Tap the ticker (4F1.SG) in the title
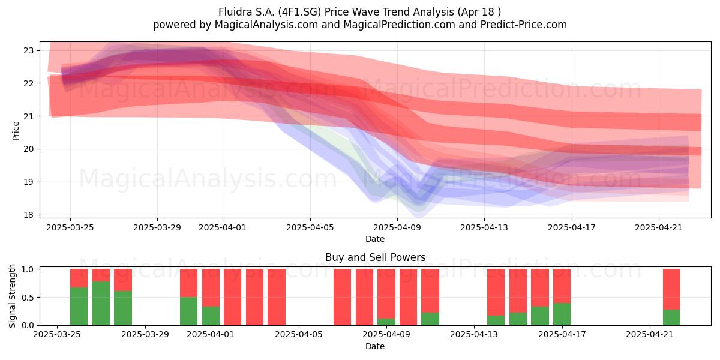click(x=300, y=12)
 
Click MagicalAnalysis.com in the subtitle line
click(x=266, y=25)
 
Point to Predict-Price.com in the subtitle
click(x=524, y=25)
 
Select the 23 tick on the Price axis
click(x=28, y=50)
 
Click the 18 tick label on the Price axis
click(x=28, y=215)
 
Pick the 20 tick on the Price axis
click(x=28, y=149)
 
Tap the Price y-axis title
click(x=16, y=131)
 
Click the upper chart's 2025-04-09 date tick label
click(x=397, y=227)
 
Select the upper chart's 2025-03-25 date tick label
click(x=70, y=227)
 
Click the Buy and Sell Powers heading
click(x=375, y=257)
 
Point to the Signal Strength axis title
click(x=12, y=296)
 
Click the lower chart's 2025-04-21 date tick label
click(x=650, y=335)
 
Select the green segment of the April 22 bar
click(x=672, y=317)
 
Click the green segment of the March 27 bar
click(x=101, y=303)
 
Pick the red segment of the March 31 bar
click(x=188, y=283)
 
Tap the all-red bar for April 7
click(x=343, y=297)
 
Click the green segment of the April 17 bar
click(x=562, y=314)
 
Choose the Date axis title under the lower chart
click(x=375, y=346)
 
